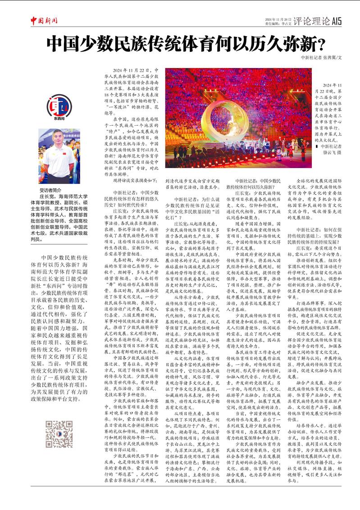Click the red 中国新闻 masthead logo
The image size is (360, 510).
coord(44,20)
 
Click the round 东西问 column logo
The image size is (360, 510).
coord(59,107)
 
